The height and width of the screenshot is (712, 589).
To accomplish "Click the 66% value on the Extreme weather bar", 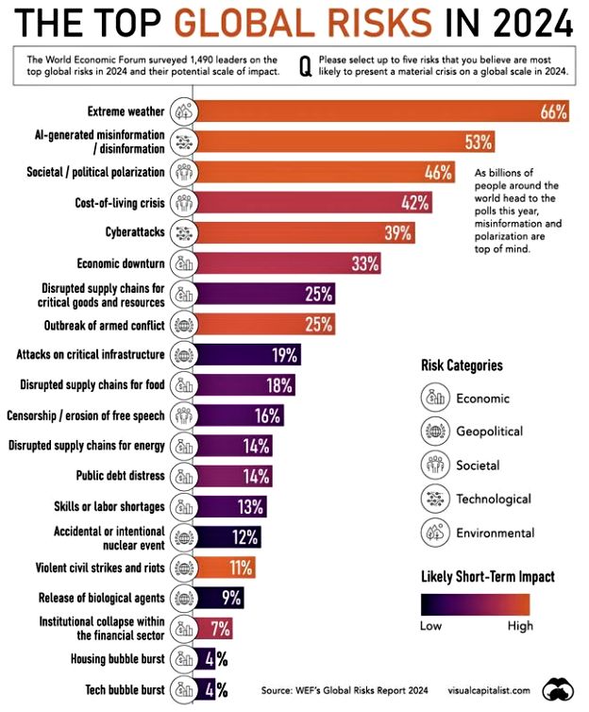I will (552, 112).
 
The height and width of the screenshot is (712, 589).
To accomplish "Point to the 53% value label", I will (479, 143).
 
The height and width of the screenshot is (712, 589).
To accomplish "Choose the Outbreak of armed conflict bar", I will (264, 324).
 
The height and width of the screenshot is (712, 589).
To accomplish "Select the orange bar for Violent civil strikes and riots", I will (227, 568).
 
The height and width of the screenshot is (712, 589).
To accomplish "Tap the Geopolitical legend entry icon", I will (434, 432).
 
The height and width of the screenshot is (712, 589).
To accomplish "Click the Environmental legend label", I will (495, 533).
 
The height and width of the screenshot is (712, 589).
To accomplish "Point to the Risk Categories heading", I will (462, 365).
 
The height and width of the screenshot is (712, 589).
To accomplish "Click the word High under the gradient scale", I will (519, 625).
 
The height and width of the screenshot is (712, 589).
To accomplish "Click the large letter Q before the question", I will (304, 65).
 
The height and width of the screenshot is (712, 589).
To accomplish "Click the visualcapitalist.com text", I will (487, 688).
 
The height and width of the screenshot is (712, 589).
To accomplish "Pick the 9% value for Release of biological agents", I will (230, 598).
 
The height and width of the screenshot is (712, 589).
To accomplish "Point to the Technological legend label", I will (494, 499).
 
